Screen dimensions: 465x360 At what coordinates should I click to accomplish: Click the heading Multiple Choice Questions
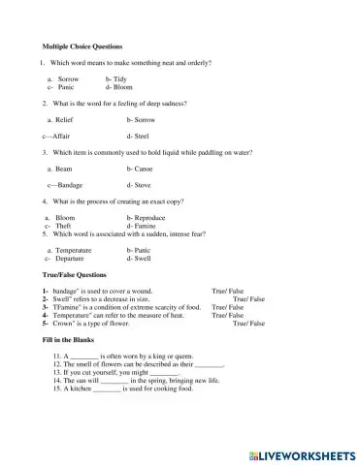tap(82, 46)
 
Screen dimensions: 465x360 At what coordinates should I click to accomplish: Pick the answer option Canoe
tap(142, 169)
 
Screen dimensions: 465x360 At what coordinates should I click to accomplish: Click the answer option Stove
tap(142, 184)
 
